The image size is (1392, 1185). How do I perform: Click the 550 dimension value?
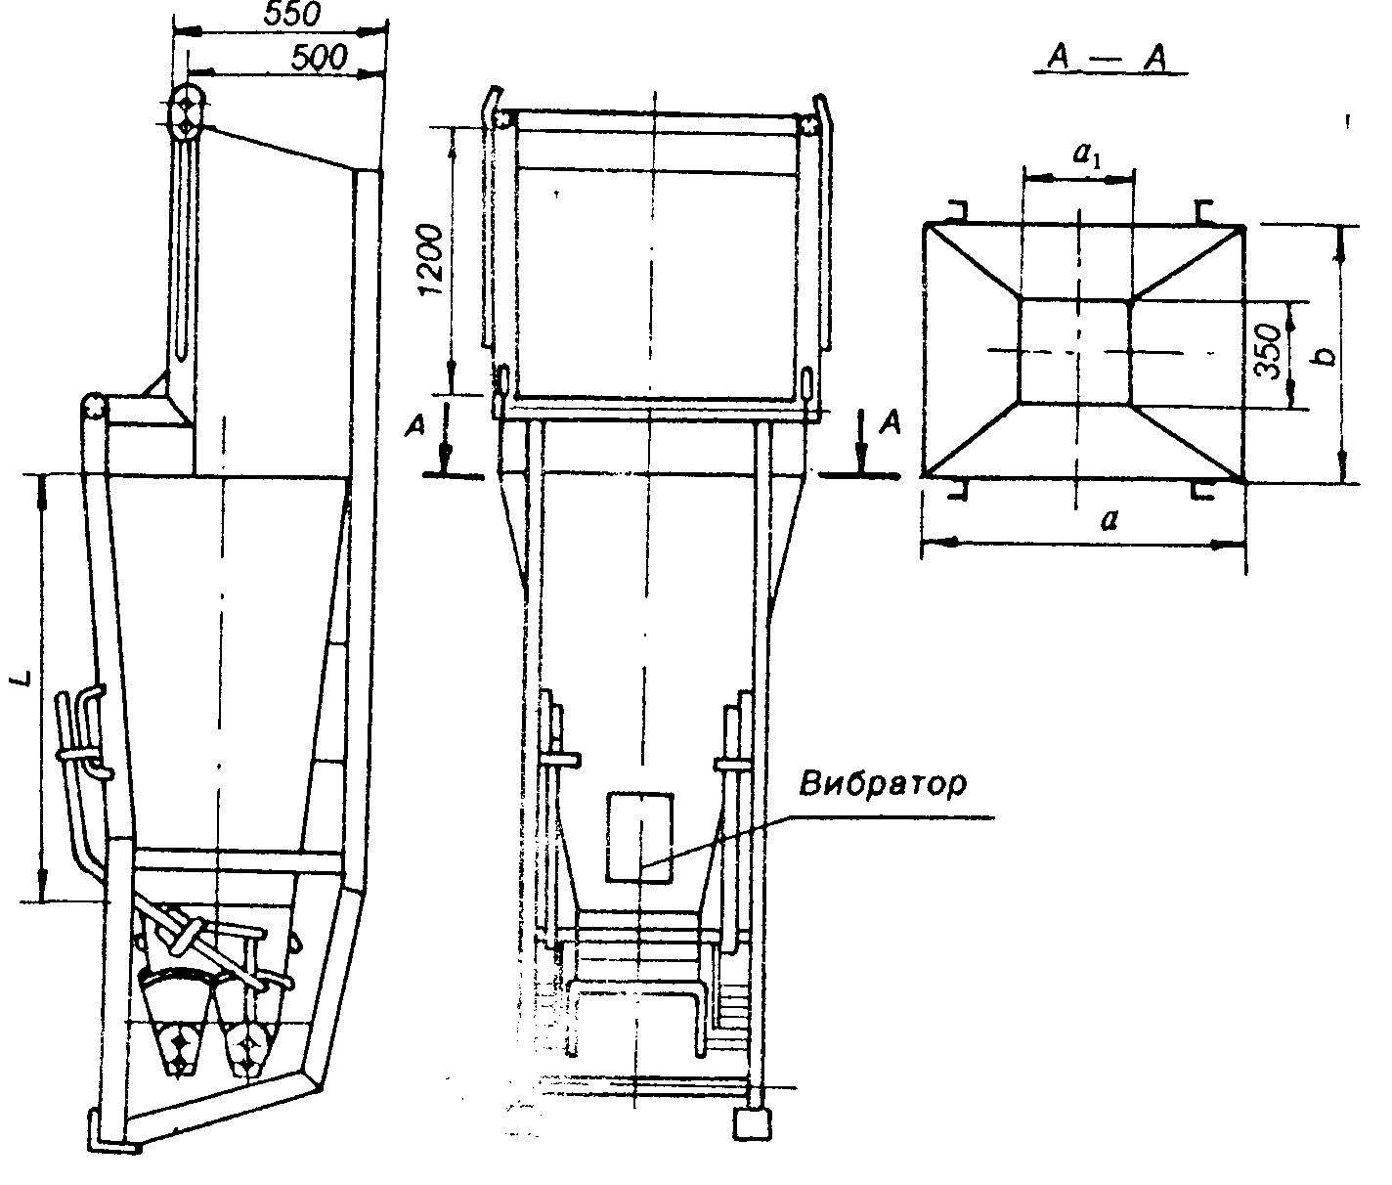[x=291, y=14]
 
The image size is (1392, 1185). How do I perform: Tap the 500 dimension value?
[x=320, y=58]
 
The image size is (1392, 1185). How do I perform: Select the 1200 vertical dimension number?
[x=431, y=260]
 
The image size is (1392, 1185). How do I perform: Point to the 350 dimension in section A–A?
[x=1268, y=351]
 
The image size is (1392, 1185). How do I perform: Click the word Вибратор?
[x=883, y=784]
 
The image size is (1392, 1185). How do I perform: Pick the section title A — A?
[x=1109, y=59]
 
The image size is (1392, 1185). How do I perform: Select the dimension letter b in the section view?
[x=1326, y=355]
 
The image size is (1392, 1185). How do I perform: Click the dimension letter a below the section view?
[x=1109, y=519]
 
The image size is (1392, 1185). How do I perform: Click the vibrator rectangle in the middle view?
[x=639, y=837]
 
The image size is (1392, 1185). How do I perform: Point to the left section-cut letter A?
[x=416, y=425]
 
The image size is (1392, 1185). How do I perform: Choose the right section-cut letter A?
[x=891, y=422]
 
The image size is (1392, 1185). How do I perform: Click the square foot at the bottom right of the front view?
[x=753, y=1124]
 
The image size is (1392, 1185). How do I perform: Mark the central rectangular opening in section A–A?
[x=1075, y=351]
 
